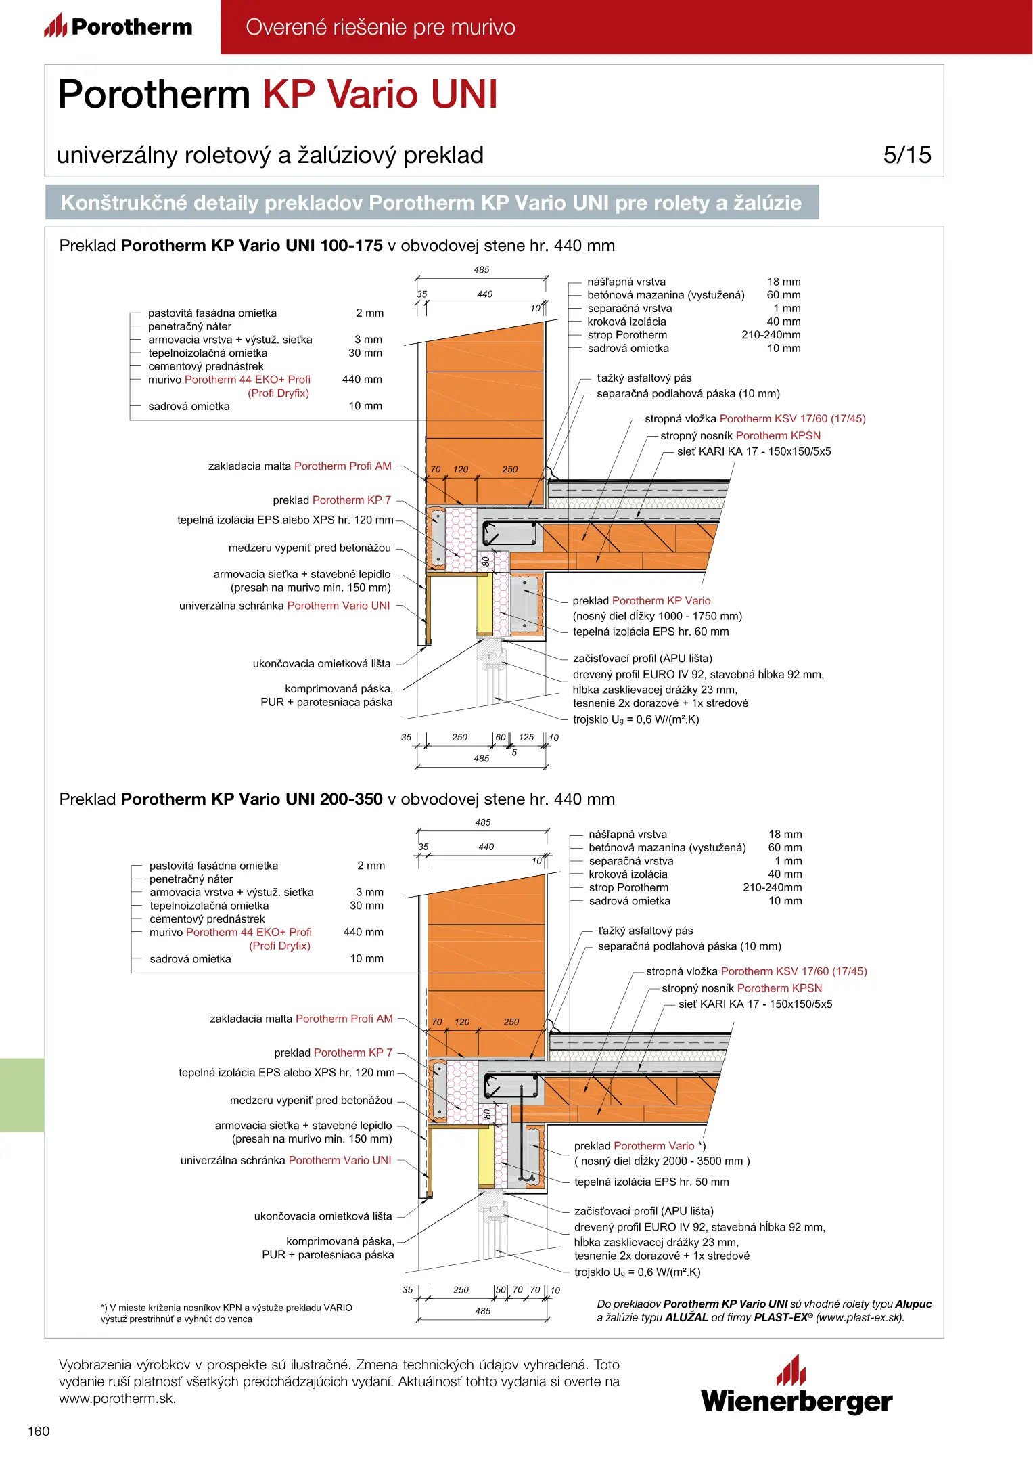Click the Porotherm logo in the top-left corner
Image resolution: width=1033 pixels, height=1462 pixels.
click(118, 26)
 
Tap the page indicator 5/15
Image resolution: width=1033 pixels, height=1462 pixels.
click(906, 155)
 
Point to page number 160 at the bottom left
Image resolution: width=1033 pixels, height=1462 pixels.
click(39, 1430)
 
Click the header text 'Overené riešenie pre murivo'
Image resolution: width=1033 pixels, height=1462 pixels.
click(380, 27)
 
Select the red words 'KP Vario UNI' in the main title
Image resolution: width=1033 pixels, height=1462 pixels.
click(380, 94)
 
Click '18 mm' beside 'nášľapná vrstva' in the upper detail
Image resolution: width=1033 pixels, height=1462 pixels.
click(783, 282)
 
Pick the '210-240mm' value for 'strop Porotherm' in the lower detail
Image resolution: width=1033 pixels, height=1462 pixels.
click(772, 887)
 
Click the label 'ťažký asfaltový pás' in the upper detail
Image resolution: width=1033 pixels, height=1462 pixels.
click(644, 378)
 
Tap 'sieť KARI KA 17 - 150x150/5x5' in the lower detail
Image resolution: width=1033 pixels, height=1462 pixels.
click(755, 1004)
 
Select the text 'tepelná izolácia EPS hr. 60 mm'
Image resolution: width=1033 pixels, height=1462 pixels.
click(651, 632)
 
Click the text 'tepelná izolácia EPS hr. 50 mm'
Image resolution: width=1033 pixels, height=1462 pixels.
click(651, 1182)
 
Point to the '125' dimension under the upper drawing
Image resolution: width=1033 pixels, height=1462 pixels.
click(526, 737)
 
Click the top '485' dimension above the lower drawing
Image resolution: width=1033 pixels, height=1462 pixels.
click(482, 822)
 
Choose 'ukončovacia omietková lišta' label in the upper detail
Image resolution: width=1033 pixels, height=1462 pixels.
click(321, 663)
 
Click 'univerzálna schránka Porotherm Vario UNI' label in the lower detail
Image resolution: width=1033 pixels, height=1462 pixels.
click(285, 1160)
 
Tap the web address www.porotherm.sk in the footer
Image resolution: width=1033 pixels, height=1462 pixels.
click(117, 1399)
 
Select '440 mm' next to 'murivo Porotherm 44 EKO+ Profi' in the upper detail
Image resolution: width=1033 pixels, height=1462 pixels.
click(362, 379)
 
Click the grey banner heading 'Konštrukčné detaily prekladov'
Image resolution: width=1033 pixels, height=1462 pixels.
click(431, 202)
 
